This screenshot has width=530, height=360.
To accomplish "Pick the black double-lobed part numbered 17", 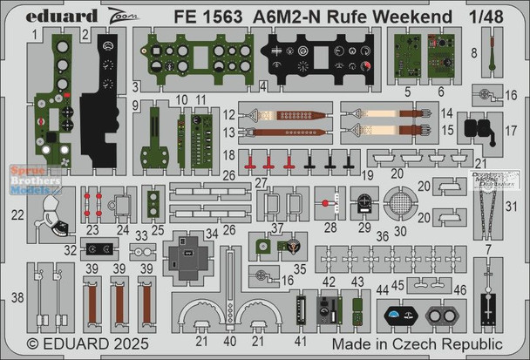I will click(x=475, y=131).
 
